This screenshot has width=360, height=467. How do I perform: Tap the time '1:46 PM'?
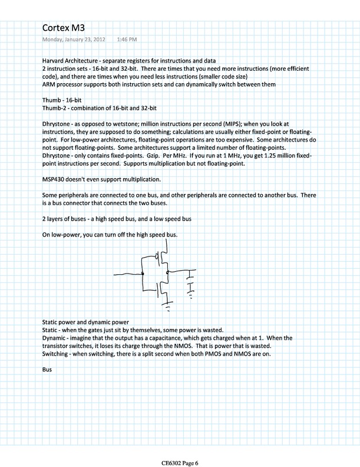[x=126, y=40]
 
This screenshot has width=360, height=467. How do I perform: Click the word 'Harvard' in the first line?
[x=55, y=61]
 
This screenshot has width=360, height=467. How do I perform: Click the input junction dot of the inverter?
[x=143, y=275]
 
